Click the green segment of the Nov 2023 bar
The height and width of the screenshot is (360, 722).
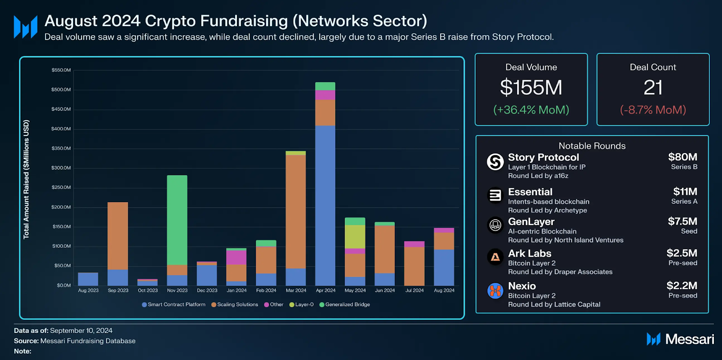[x=177, y=220]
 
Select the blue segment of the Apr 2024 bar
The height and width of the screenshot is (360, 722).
[x=325, y=205]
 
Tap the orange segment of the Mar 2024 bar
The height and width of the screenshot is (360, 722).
[x=296, y=212]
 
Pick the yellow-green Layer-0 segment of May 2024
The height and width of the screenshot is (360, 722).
[x=355, y=237]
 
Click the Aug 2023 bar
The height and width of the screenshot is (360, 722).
[x=88, y=279]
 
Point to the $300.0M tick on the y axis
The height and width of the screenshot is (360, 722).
[x=61, y=168]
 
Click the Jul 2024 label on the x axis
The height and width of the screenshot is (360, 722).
[x=414, y=291]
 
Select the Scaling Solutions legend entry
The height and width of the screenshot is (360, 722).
[x=235, y=305]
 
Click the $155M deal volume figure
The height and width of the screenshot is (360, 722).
[x=531, y=88]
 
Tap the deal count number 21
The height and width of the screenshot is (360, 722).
[x=653, y=88]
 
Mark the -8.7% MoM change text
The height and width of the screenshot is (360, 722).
[x=653, y=110]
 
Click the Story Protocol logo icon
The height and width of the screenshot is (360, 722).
[x=495, y=162]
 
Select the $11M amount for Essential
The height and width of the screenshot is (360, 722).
[x=685, y=192]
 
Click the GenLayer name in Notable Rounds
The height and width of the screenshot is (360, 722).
[x=531, y=222]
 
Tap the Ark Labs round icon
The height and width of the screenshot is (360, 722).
[x=495, y=257]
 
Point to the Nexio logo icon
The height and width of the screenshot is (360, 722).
[x=495, y=291]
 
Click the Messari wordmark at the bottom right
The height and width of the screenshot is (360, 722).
[x=689, y=339]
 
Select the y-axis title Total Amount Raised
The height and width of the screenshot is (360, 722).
[x=26, y=179]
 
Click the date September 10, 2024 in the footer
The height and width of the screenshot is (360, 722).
[x=81, y=331]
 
